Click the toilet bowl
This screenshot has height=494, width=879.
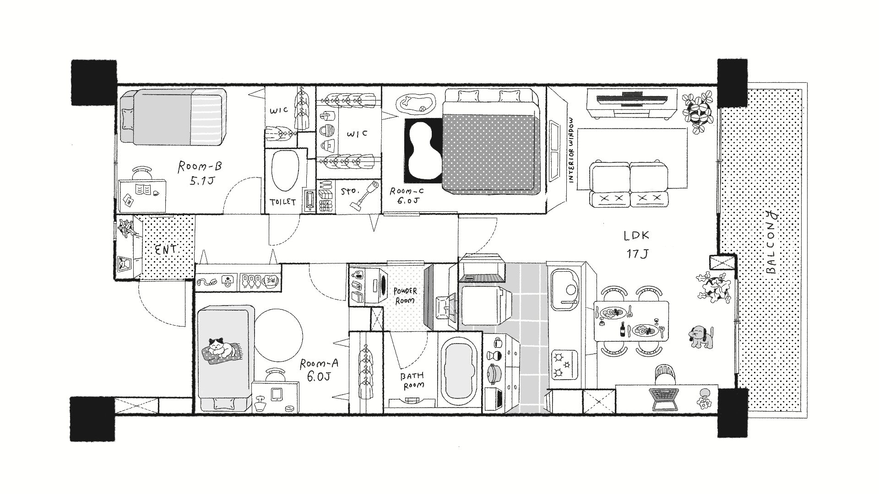pyautogui.click(x=285, y=171)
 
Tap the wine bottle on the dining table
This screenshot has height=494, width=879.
pyautogui.click(x=622, y=329)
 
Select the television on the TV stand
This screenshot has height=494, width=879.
pyautogui.click(x=631, y=98)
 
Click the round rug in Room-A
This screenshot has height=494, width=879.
pyautogui.click(x=278, y=334)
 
